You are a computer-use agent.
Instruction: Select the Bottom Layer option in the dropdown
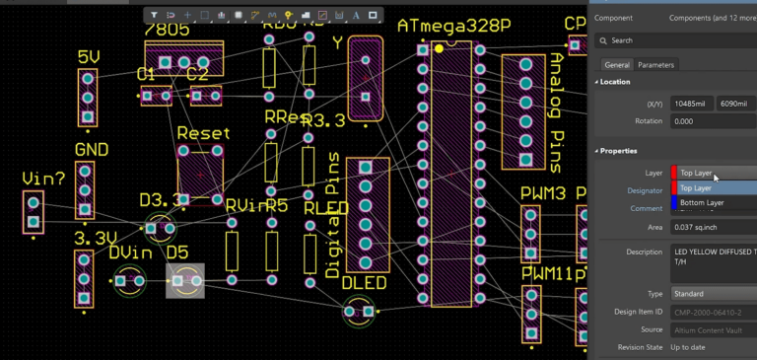(x=702, y=202)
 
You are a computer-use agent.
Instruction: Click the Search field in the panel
(x=680, y=40)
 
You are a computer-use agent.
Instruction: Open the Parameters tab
(x=655, y=65)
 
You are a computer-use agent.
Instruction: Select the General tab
(x=617, y=65)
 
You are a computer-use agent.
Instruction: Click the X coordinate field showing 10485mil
(x=691, y=104)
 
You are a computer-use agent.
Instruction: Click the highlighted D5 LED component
(x=185, y=281)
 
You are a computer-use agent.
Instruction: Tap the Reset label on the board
(x=203, y=133)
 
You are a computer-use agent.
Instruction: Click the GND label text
(x=92, y=150)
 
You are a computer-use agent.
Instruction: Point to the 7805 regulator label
(x=168, y=30)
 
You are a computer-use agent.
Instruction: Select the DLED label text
(x=365, y=283)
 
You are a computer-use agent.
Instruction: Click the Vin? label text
(x=43, y=179)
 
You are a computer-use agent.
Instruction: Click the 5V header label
(x=89, y=57)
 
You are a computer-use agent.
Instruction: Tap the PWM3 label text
(x=543, y=192)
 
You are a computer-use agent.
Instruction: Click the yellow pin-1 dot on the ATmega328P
(x=439, y=47)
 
